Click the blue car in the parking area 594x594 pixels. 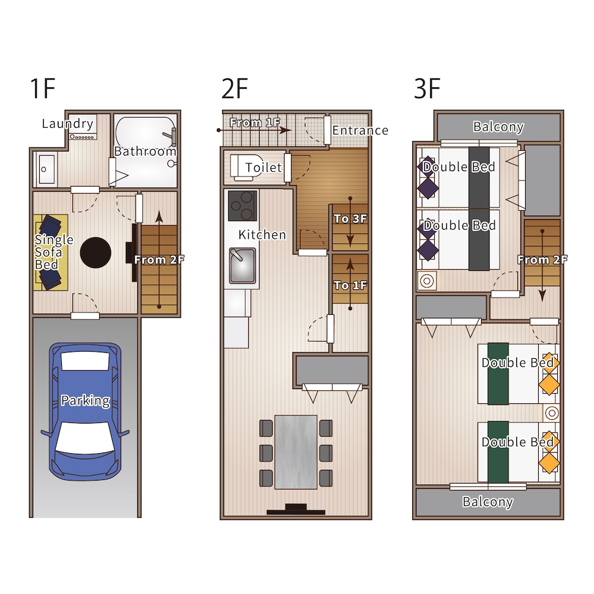[x=85, y=412]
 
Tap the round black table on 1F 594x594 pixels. [x=96, y=252]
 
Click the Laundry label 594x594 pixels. [x=68, y=124]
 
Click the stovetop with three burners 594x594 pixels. [x=242, y=206]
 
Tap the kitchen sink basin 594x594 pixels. [x=242, y=265]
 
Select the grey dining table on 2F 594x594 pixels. [x=296, y=452]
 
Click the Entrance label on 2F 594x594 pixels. [x=361, y=130]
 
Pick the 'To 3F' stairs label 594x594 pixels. [x=350, y=219]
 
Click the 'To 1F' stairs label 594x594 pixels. [x=350, y=285]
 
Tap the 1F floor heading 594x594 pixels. [x=42, y=89]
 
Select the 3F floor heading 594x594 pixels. [x=427, y=89]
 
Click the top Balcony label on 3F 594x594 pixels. [x=498, y=127]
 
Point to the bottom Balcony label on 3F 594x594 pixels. [x=488, y=502]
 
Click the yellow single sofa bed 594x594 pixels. [x=50, y=252]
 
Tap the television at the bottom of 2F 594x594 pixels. [x=296, y=509]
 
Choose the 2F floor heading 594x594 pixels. [x=235, y=89]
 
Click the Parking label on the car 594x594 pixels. [x=85, y=401]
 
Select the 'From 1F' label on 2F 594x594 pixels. [x=255, y=122]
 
